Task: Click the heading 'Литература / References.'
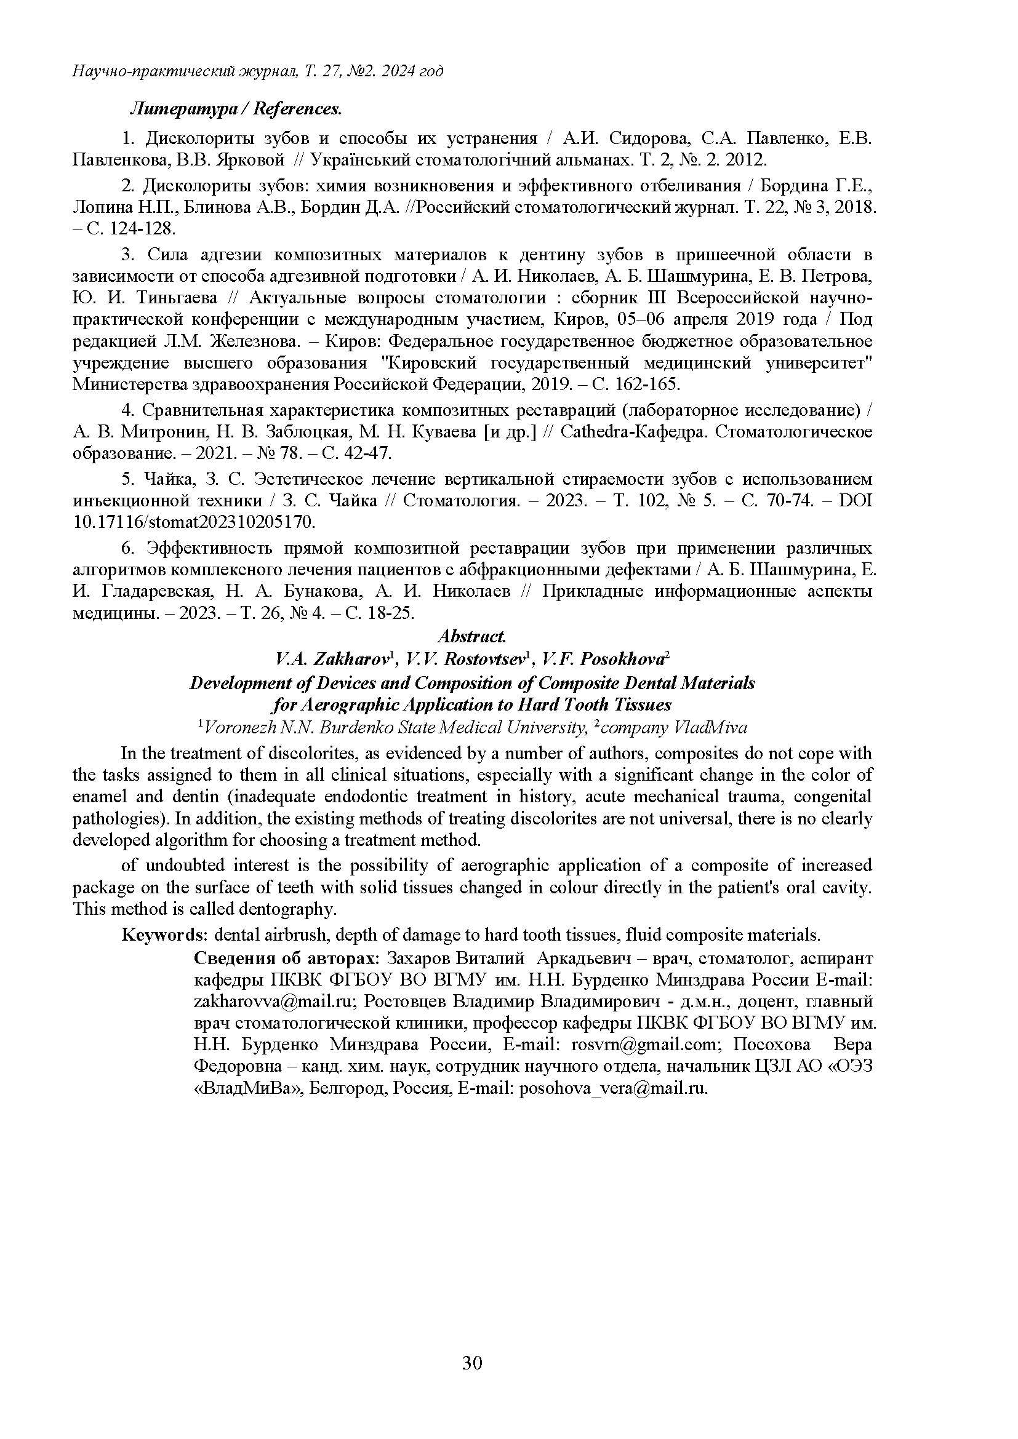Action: pos(236,109)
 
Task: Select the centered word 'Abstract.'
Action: pos(471,636)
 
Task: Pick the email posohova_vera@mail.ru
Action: pos(614,1088)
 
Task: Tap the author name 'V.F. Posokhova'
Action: pos(607,659)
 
